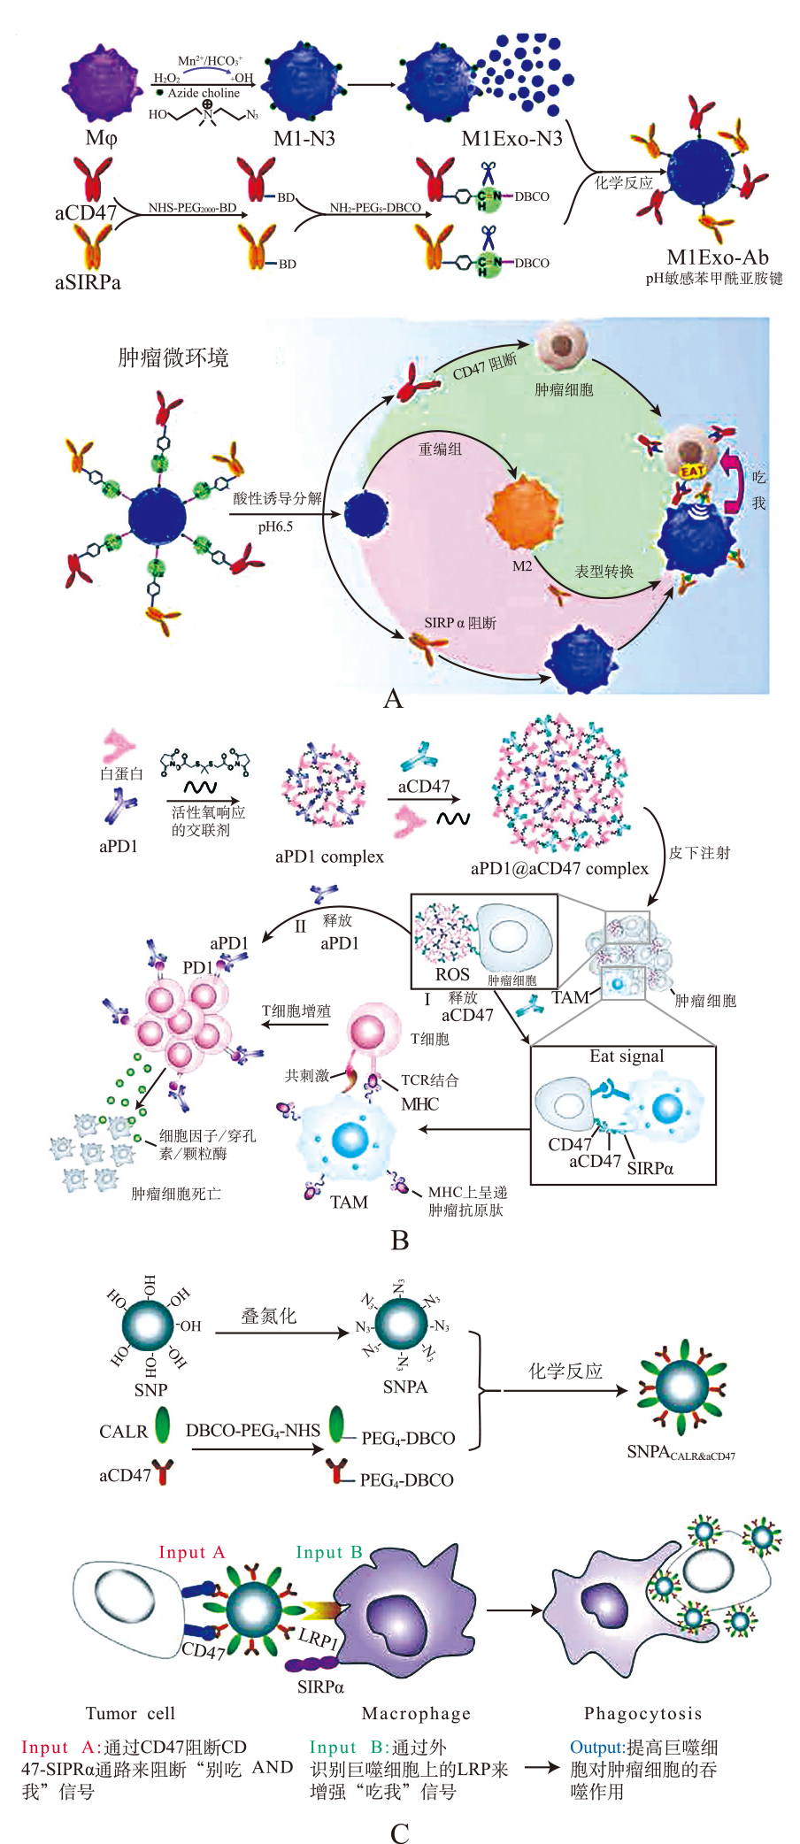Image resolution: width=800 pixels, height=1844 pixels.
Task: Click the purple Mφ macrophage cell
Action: coord(102,84)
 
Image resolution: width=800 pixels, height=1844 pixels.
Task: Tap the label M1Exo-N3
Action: coord(512,138)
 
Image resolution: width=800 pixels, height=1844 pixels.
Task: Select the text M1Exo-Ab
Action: coord(717,257)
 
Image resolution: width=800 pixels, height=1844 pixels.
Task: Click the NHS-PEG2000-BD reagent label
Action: coord(192,208)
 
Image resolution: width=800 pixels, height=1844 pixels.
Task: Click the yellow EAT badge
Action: coord(692,472)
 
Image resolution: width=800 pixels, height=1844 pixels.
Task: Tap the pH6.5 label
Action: coord(275,526)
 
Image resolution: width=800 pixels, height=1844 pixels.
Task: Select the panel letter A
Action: coord(393,699)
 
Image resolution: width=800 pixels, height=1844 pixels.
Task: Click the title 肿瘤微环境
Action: coord(173,357)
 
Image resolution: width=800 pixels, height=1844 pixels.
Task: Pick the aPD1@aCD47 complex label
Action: coord(559,869)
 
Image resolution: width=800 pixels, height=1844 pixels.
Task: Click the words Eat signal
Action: coord(627,1056)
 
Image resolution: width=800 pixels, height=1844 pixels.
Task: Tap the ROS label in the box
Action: coord(452,974)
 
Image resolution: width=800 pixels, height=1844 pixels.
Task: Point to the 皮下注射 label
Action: coord(699,853)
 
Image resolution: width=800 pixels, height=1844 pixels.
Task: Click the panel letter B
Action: coord(400,1241)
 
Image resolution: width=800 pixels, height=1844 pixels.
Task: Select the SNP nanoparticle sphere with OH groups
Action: coord(150,1325)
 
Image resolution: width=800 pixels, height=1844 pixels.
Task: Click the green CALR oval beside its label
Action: coord(163,1425)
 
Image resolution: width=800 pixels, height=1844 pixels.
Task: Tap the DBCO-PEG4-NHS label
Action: coord(253,1430)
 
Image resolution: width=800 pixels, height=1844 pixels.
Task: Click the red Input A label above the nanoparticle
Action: coord(192,1552)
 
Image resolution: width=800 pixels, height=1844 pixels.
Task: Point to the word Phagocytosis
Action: coord(642,1713)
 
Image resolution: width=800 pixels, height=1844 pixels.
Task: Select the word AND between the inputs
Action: coord(273,1767)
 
